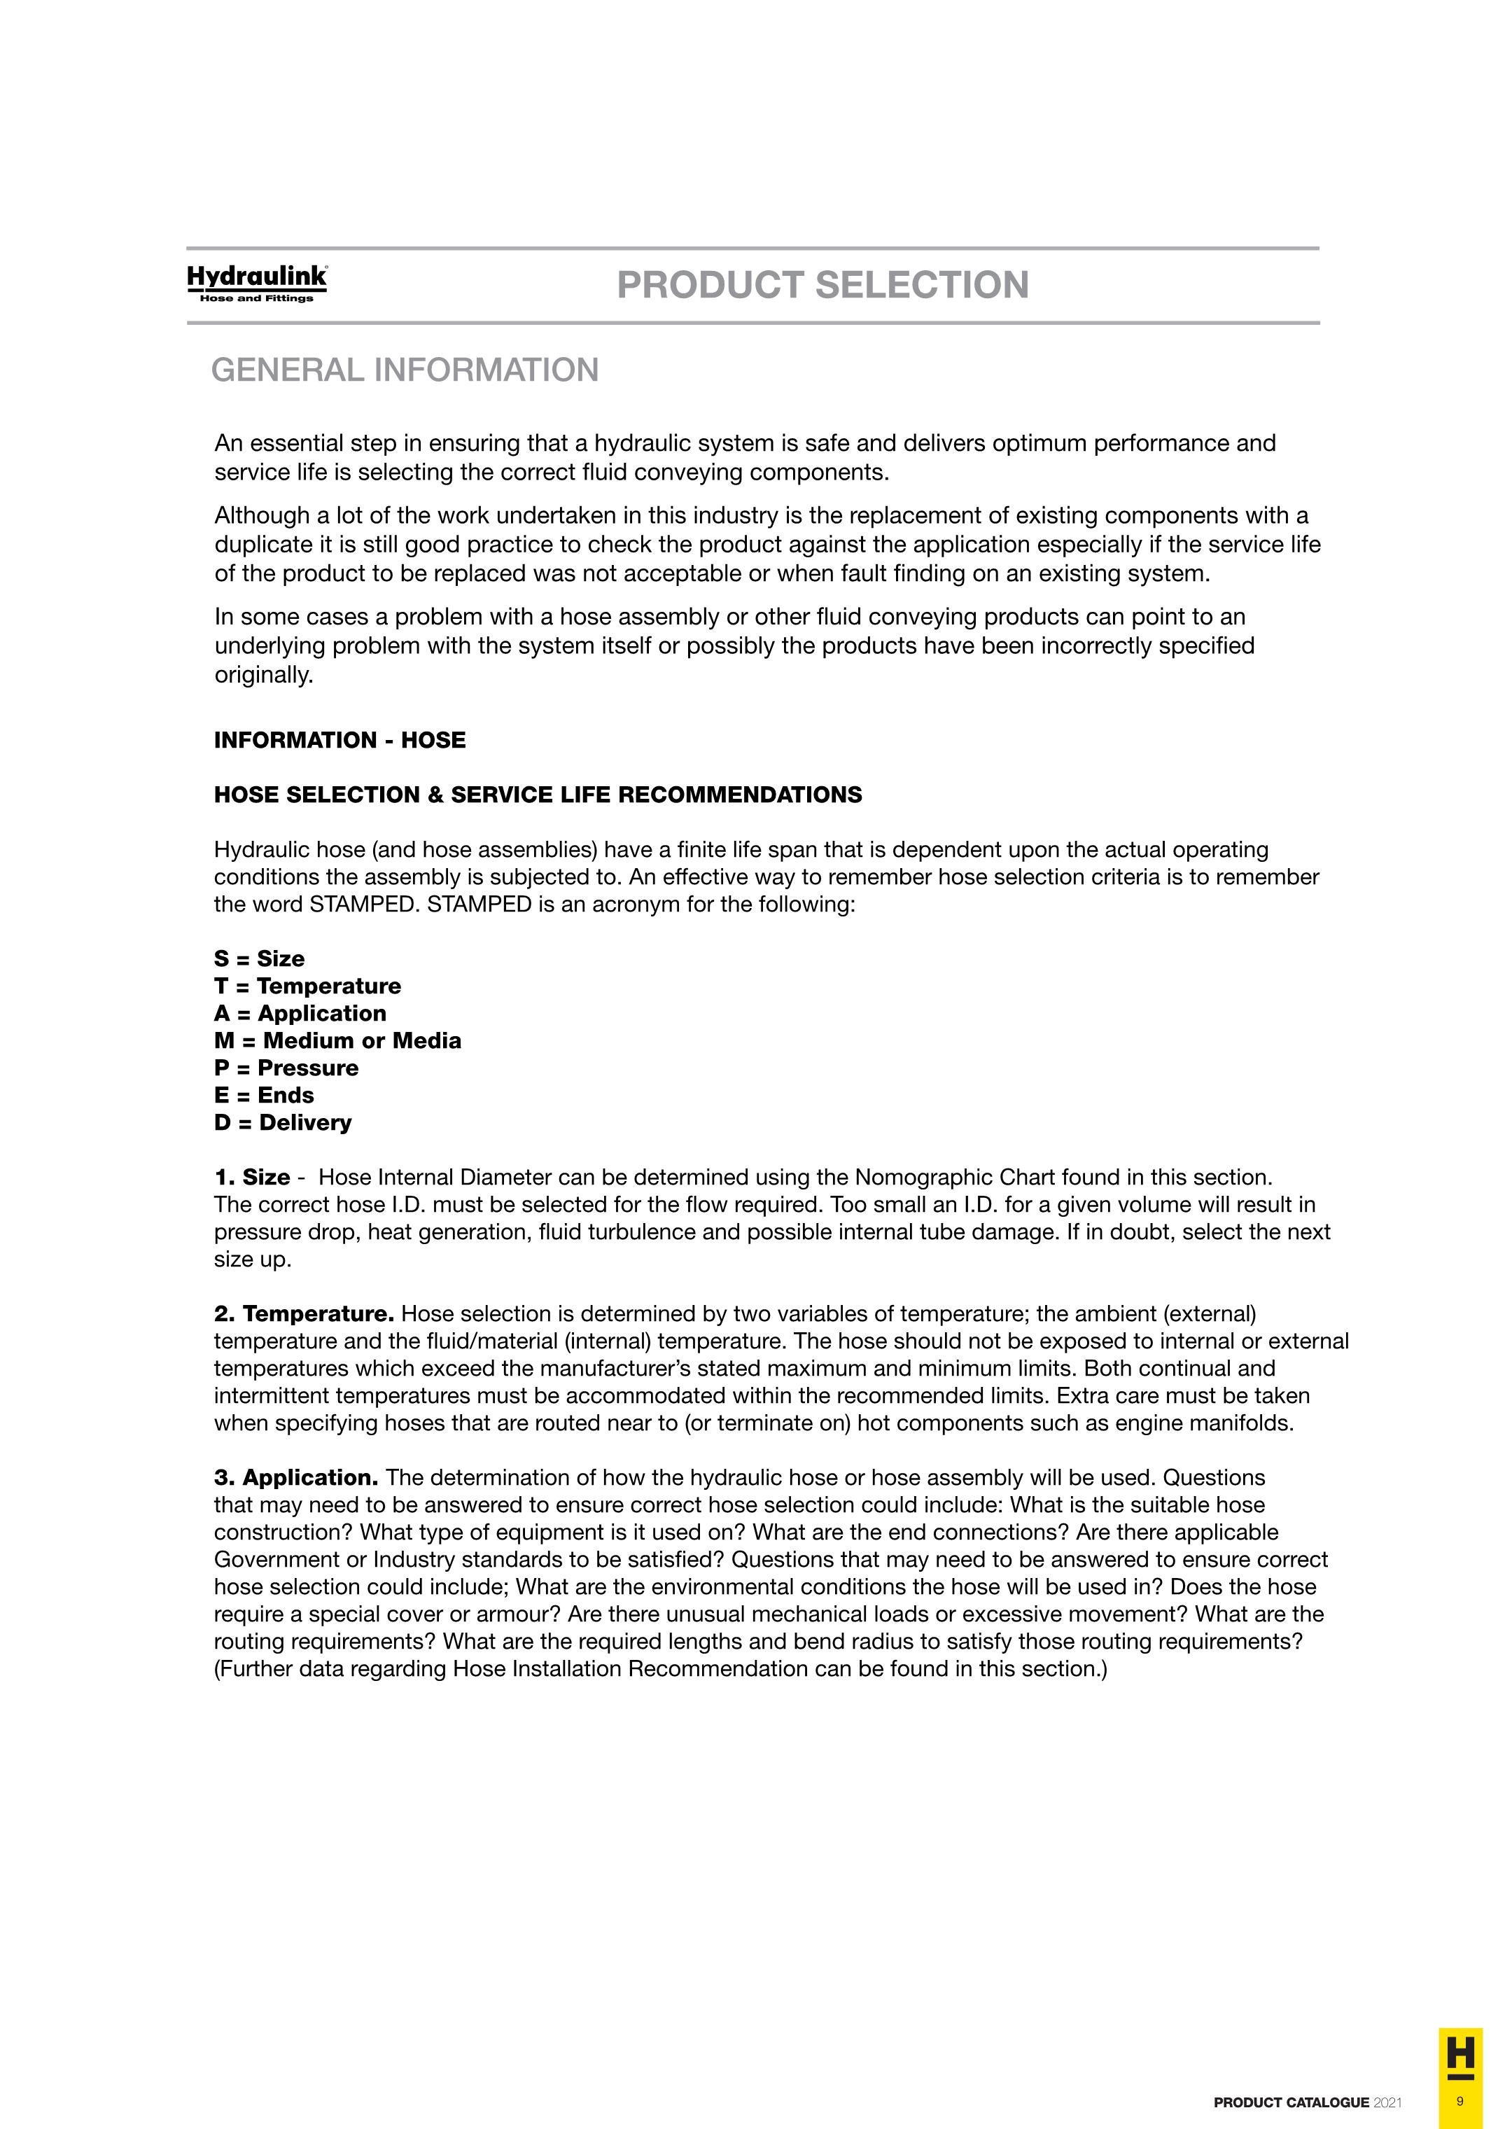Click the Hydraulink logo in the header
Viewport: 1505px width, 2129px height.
coord(257,283)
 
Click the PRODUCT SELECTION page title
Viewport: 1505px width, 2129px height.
coord(822,285)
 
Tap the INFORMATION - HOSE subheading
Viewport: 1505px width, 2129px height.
coord(339,740)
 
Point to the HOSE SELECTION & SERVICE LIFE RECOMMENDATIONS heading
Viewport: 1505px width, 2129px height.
coord(538,795)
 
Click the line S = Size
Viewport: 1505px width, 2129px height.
coord(259,959)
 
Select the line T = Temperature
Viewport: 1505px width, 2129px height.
coord(307,986)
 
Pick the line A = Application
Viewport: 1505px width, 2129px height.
coord(300,1014)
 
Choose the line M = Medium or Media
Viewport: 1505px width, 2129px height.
coord(337,1040)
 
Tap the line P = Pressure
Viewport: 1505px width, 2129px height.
coord(286,1068)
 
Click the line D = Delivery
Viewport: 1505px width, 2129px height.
coord(283,1123)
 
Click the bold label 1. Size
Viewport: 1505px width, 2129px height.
coord(252,1178)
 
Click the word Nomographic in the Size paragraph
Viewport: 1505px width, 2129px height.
coord(923,1178)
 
